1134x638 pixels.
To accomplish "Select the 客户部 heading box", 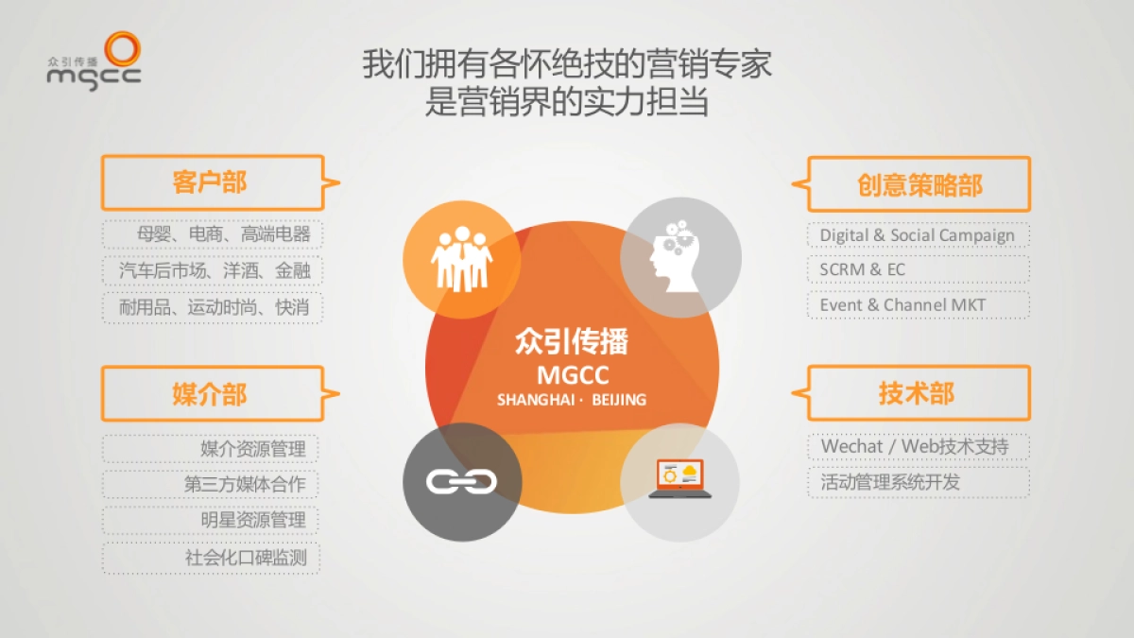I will [212, 182].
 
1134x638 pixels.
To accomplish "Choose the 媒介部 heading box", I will [212, 393].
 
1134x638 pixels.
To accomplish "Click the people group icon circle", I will [461, 256].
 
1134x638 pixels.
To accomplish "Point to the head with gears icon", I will [679, 256].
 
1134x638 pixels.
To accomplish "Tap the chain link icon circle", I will [461, 481].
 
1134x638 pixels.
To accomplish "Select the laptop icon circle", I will [679, 481].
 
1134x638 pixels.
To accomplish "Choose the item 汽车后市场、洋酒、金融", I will [213, 270].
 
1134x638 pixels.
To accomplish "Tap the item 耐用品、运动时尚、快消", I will [213, 307].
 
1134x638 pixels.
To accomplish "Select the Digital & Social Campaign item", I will [918, 234].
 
